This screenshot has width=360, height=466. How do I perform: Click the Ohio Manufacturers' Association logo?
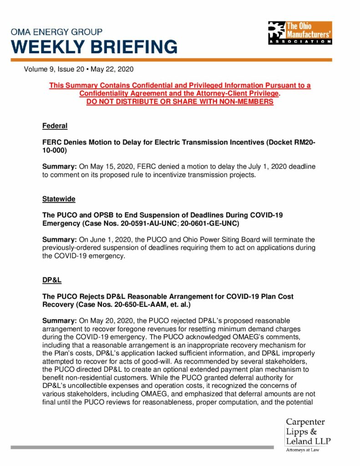pyautogui.click(x=300, y=32)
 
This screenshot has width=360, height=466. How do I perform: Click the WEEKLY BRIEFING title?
pyautogui.click(x=94, y=47)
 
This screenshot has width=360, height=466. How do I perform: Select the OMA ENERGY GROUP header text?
pyautogui.click(x=57, y=32)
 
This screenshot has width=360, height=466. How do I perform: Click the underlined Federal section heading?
pyautogui.click(x=55, y=126)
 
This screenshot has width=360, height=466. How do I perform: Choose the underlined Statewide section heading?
pyautogui.click(x=59, y=199)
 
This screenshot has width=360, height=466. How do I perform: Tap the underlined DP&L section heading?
pyautogui.click(x=52, y=280)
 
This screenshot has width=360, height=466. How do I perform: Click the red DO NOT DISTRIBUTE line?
pyautogui.click(x=180, y=101)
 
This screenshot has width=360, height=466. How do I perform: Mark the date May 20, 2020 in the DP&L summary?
pyautogui.click(x=101, y=320)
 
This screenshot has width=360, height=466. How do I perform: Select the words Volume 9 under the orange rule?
pyautogui.click(x=40, y=70)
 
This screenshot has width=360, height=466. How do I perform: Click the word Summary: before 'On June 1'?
pyautogui.click(x=59, y=239)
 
